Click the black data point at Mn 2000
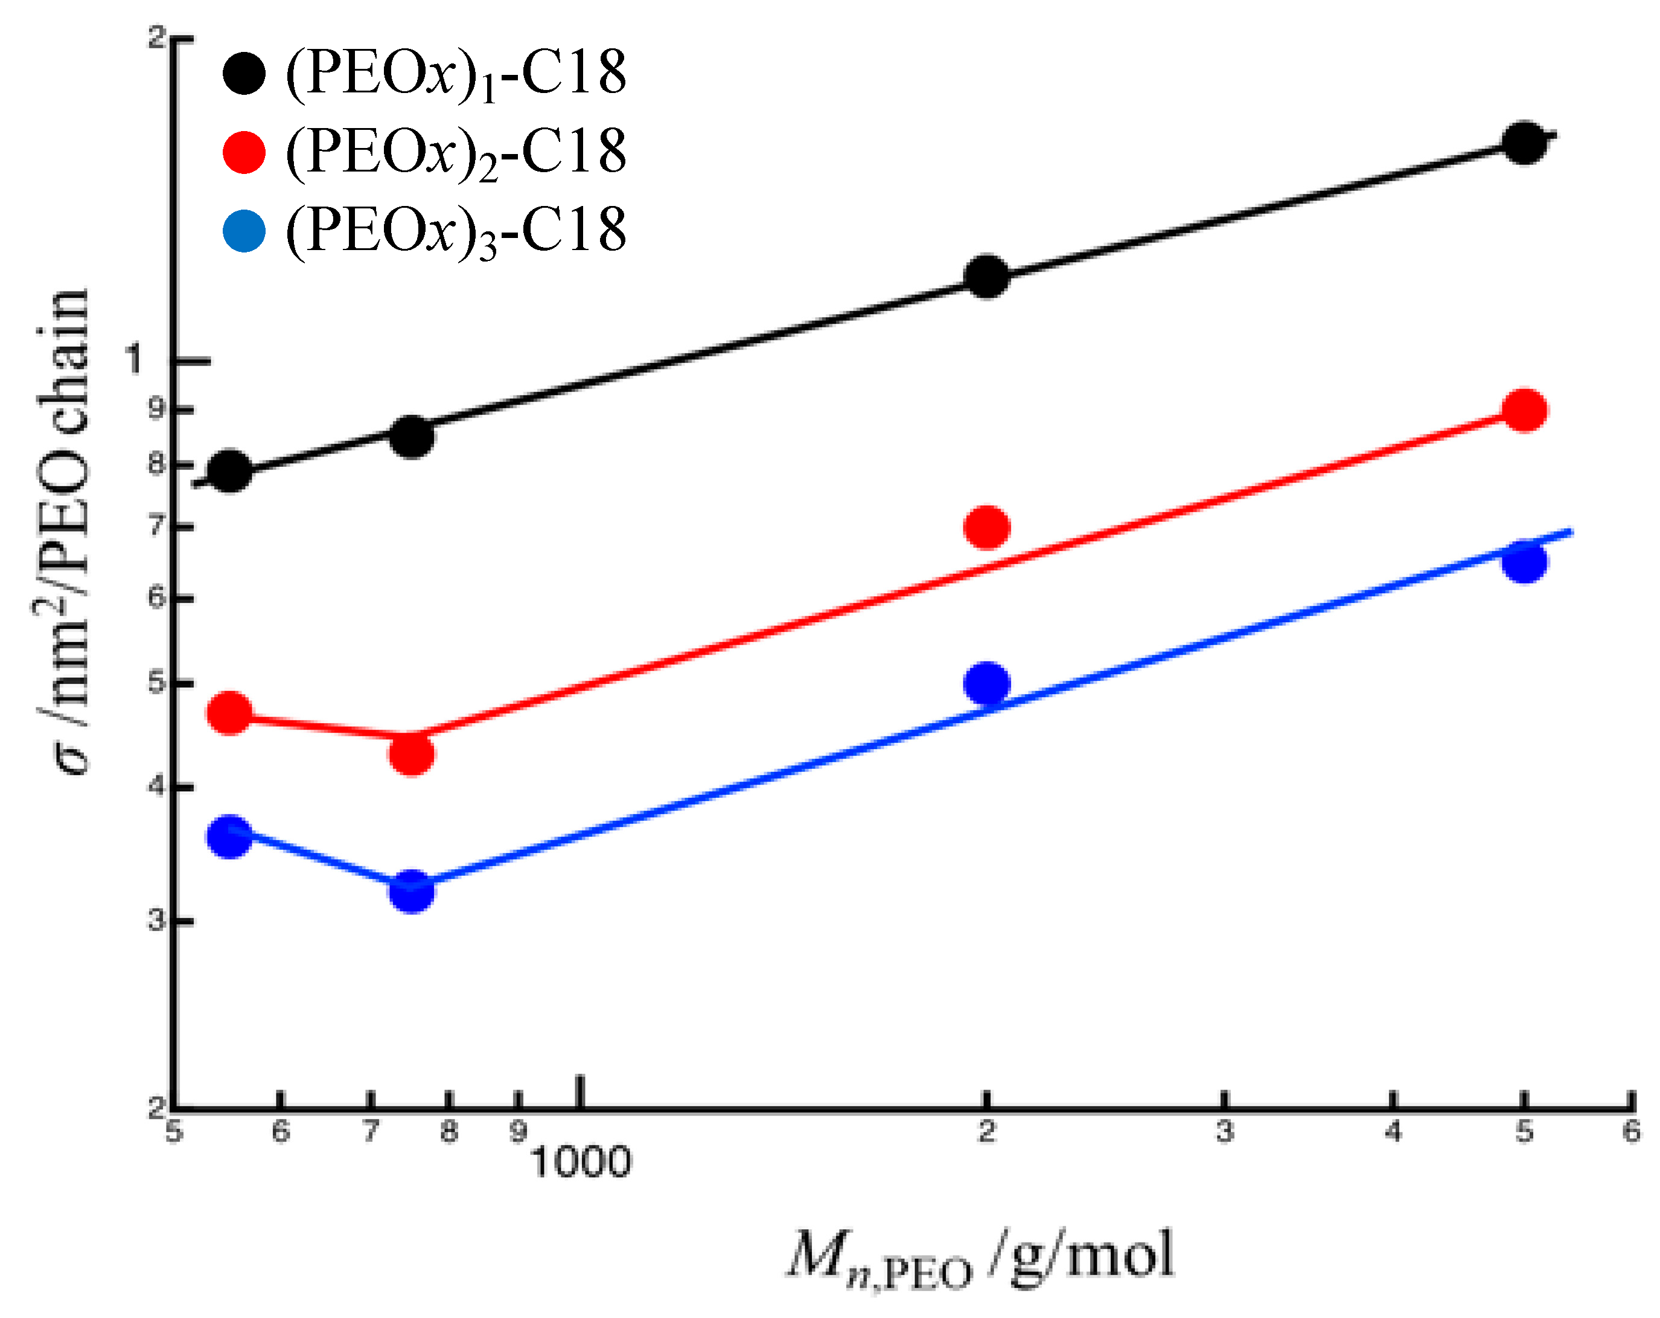pyautogui.click(x=986, y=277)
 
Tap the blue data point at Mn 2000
pyautogui.click(x=986, y=683)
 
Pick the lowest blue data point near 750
pyautogui.click(x=412, y=891)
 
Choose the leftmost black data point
pyautogui.click(x=229, y=471)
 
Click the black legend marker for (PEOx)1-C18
pyautogui.click(x=244, y=74)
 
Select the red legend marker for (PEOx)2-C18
pyautogui.click(x=244, y=152)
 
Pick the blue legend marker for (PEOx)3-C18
pyautogui.click(x=244, y=230)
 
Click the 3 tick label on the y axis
pyautogui.click(x=157, y=920)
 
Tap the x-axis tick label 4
pyautogui.click(x=1393, y=1131)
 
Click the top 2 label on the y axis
pyautogui.click(x=157, y=37)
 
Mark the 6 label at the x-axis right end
pyautogui.click(x=1631, y=1131)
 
